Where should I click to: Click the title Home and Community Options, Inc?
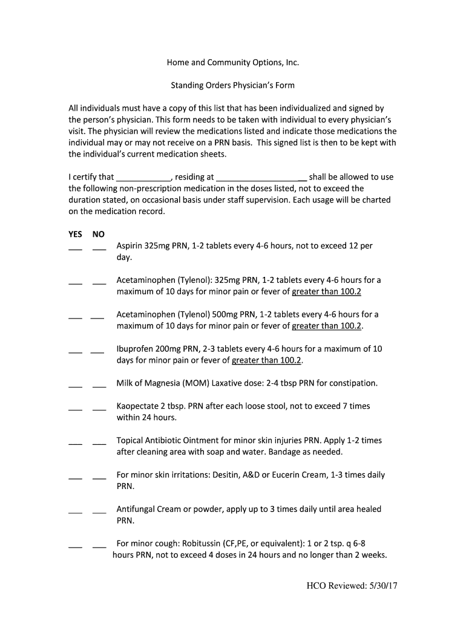click(x=233, y=62)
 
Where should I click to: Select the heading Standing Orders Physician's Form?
click(x=232, y=85)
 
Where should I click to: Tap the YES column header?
click(x=75, y=234)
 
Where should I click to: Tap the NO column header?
click(x=99, y=234)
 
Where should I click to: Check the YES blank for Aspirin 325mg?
click(x=75, y=248)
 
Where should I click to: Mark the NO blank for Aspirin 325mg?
click(x=99, y=248)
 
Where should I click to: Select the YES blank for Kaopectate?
click(x=75, y=409)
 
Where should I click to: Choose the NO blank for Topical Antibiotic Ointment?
click(x=99, y=443)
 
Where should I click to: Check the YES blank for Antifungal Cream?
click(x=75, y=512)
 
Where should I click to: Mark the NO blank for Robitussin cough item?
click(x=99, y=546)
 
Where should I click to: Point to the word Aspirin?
click(x=130, y=246)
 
